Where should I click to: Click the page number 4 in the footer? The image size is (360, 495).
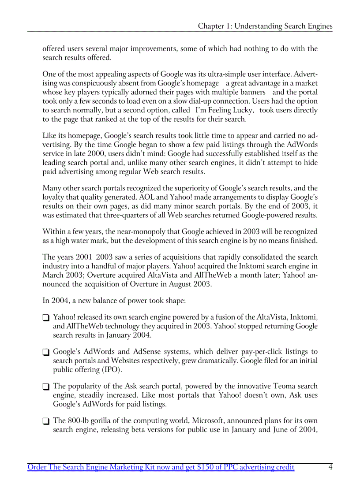point(330,467)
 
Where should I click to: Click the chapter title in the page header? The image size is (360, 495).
point(265,26)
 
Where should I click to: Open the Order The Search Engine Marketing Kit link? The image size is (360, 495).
point(161,467)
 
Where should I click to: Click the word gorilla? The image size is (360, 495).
point(100,421)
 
